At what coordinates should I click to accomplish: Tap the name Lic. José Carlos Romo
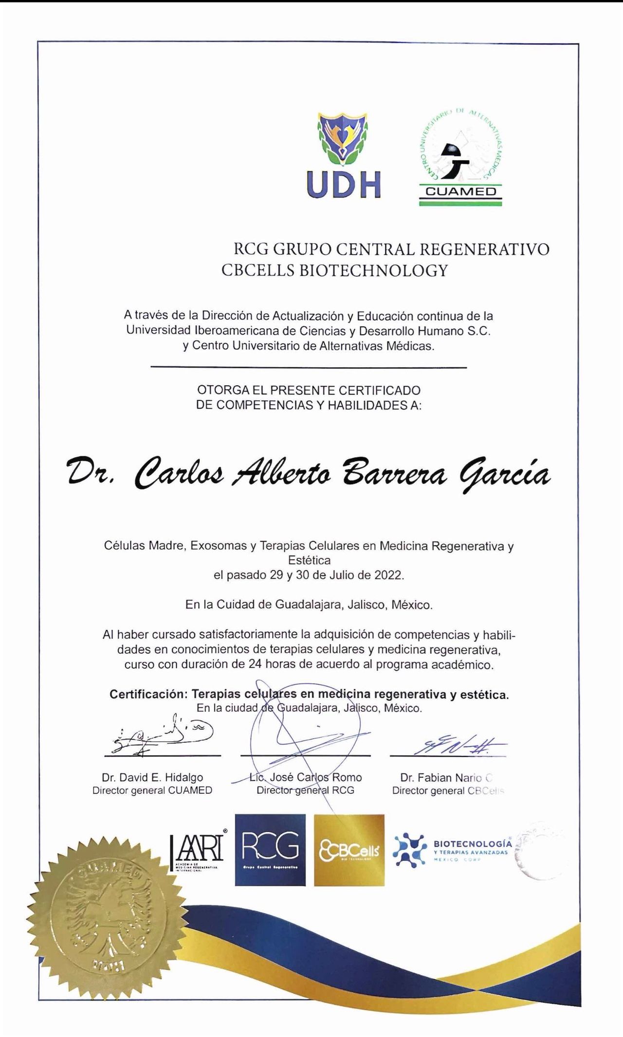coord(305,777)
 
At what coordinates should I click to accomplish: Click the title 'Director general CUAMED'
coord(152,790)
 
